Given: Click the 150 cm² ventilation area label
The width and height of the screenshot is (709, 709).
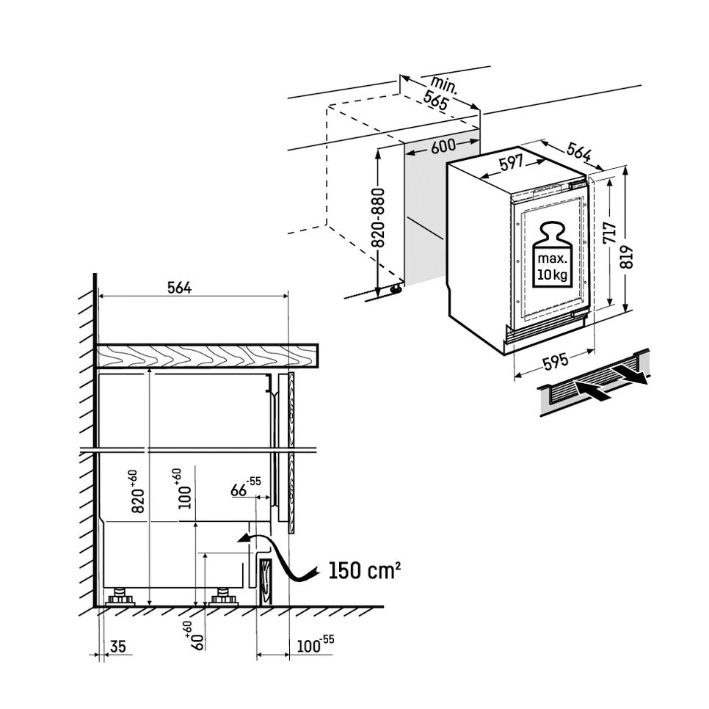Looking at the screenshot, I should point(364,570).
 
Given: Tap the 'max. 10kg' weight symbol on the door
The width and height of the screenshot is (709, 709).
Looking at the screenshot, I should point(550,254).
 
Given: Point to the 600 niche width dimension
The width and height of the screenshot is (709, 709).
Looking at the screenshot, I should point(443,146).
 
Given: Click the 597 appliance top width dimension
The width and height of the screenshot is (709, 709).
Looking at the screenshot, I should point(511,163).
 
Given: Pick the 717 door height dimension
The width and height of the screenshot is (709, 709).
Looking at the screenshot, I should point(608,234).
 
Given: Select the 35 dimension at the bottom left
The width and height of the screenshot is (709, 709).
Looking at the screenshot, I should point(116,647).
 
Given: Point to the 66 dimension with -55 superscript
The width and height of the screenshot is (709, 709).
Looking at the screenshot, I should point(243,489).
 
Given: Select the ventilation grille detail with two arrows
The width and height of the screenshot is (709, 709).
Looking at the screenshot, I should point(595,386).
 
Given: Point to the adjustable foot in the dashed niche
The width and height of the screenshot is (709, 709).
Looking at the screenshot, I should point(397,289).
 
